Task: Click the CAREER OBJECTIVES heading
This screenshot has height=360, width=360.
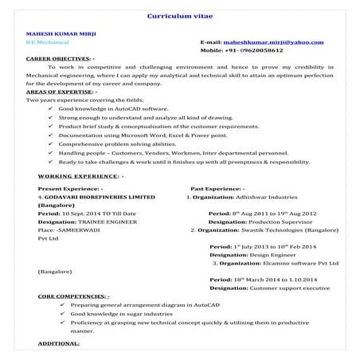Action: [58, 59]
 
